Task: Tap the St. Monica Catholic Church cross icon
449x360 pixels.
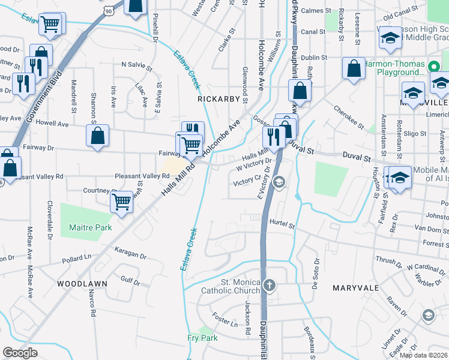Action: [x=270, y=284]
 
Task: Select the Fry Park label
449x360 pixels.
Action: [x=202, y=338]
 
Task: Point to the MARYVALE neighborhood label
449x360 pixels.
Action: [x=356, y=288]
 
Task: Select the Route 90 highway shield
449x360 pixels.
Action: [x=107, y=10]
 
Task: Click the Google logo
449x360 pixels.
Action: [x=20, y=353]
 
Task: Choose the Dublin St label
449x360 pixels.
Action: [x=315, y=58]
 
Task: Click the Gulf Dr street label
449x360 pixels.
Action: [x=130, y=280]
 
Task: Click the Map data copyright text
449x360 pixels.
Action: [x=424, y=355]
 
